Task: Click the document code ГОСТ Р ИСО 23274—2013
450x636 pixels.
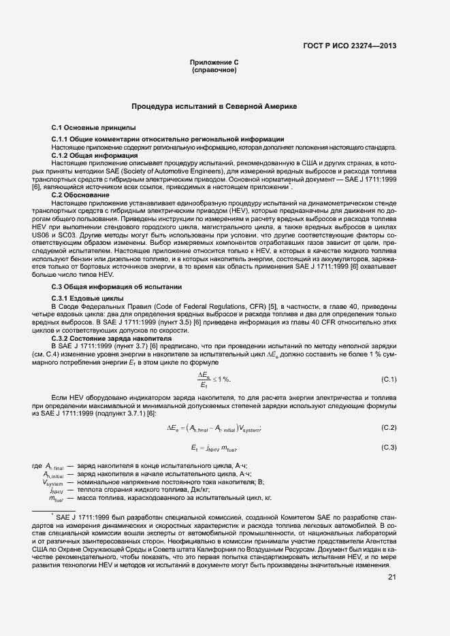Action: click(x=350, y=46)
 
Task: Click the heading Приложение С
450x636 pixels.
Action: click(x=214, y=63)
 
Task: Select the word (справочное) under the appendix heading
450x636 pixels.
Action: click(x=214, y=70)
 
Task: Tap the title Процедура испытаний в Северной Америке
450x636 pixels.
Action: click(x=214, y=107)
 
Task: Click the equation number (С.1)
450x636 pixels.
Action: click(x=388, y=378)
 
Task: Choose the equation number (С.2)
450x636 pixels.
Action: click(x=388, y=427)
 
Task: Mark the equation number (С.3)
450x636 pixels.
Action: click(x=388, y=447)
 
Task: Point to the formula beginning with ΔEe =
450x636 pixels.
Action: click(x=214, y=428)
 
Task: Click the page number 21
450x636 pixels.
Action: click(x=391, y=577)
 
